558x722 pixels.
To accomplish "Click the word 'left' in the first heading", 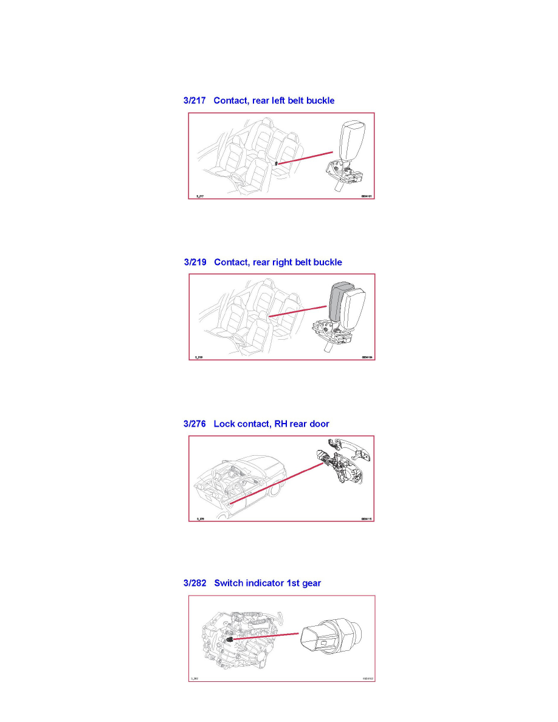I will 272,100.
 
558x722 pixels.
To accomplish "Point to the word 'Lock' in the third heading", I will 225,424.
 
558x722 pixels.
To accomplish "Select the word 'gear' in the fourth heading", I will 309,583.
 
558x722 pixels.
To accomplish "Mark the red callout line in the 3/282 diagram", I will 267,637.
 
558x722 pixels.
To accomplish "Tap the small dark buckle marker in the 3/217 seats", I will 277,163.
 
